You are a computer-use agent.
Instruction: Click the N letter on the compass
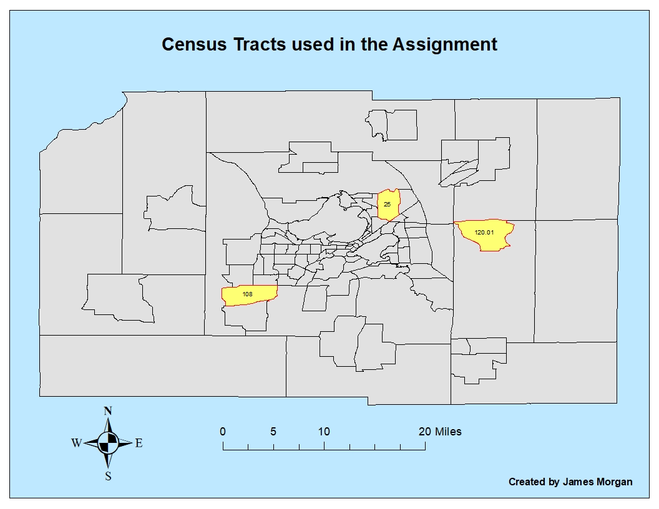point(108,411)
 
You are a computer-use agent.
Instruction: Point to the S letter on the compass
point(108,477)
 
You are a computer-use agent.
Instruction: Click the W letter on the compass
point(76,444)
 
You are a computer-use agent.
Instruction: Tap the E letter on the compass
point(139,444)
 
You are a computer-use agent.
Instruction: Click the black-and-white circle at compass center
point(108,443)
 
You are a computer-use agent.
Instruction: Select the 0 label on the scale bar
point(223,432)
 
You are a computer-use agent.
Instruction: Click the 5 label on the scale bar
point(273,432)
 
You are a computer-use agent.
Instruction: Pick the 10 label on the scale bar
point(324,432)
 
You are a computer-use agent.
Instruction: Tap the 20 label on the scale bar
point(424,432)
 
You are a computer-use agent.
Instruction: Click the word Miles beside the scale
point(449,432)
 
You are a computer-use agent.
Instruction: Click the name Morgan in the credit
point(613,482)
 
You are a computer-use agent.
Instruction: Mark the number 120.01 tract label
point(484,232)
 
